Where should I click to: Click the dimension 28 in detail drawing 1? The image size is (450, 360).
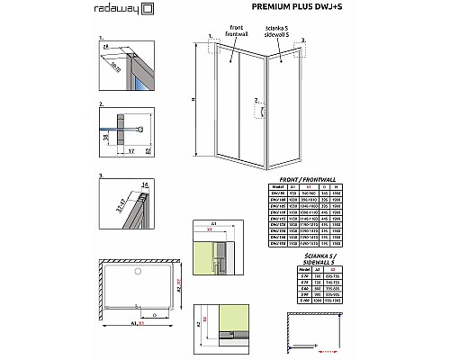point(106,45)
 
